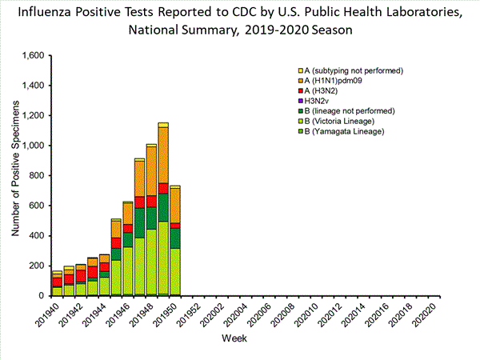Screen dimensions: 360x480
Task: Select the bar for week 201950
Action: coord(175,241)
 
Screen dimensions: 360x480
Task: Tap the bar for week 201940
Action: coord(57,283)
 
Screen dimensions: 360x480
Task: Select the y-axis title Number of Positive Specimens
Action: coord(15,176)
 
